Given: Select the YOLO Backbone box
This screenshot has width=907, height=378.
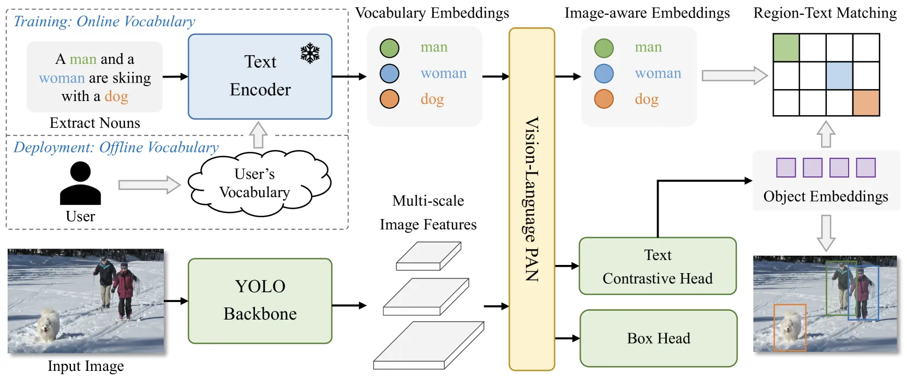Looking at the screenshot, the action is coord(260,300).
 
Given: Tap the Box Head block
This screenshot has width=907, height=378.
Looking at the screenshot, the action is coord(658,338).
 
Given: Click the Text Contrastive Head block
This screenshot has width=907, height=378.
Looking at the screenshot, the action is coord(658,266).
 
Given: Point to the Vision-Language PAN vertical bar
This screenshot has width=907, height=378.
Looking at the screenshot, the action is coord(532,199).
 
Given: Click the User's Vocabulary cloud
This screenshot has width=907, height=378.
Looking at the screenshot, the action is coord(259,182).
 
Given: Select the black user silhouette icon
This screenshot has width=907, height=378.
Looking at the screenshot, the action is coord(80,183).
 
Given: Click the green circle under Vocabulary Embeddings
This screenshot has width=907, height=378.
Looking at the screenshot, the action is coord(390,48).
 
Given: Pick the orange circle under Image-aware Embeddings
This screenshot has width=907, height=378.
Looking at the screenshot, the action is coord(604,99).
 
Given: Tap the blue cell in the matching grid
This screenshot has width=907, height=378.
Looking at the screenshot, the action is coord(839,76).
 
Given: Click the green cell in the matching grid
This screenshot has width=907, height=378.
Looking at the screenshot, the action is coord(786,48).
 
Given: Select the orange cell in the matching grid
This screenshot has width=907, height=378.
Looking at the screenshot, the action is coord(866,103).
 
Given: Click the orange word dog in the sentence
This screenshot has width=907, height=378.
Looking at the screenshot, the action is coord(116,97).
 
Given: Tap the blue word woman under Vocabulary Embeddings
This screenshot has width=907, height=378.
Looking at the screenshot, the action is coord(444,73).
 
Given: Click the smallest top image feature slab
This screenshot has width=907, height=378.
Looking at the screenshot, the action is coord(428,256).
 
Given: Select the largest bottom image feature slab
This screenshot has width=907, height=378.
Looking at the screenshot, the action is coord(428,345).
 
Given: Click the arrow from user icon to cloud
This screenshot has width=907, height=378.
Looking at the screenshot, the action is coord(150,185).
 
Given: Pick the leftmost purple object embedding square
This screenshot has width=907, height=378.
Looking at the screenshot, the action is coord(786,168).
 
